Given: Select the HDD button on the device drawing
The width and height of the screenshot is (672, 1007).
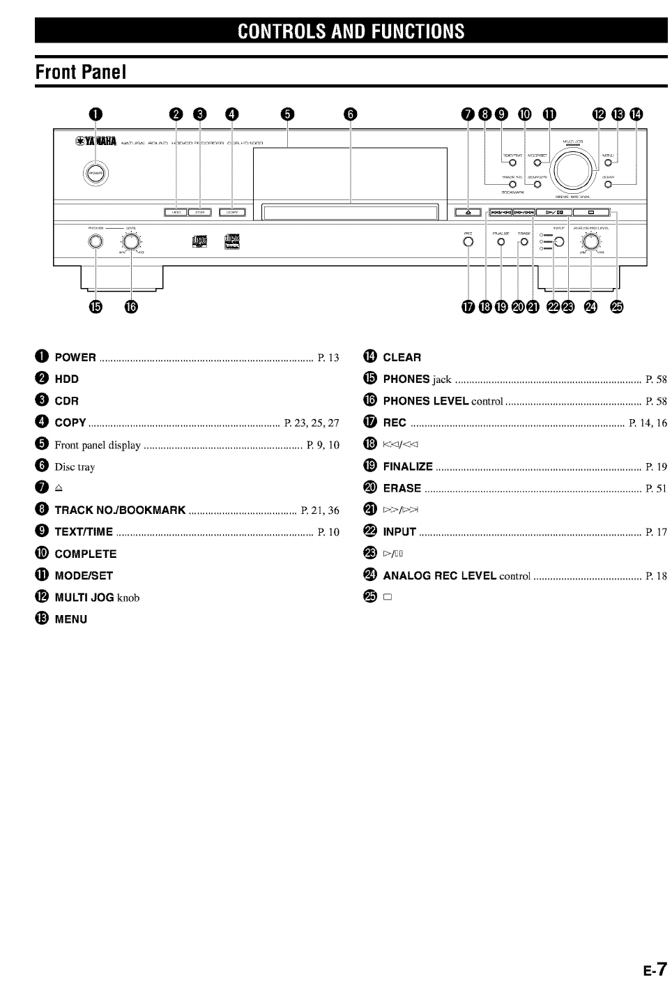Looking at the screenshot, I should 175,212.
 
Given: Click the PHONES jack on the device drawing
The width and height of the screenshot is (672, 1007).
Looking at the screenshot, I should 96,242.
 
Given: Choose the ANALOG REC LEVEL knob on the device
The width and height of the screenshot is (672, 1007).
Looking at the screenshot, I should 591,242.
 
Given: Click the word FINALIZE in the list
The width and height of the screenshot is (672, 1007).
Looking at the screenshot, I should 408,467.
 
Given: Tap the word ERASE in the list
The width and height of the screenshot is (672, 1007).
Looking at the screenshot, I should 402,488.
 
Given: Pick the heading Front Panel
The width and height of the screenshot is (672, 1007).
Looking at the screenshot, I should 81,73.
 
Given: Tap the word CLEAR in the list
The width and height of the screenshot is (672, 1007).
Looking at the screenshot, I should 402,358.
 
